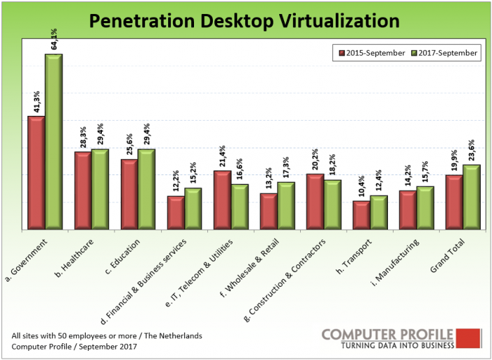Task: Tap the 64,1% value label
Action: point(53,38)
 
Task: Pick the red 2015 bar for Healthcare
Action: point(83,190)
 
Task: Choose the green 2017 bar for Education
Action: point(147,189)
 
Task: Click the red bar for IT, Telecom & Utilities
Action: point(222,200)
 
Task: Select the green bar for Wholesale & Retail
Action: point(286,205)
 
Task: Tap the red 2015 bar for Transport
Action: point(361,215)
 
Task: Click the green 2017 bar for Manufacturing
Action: point(426,207)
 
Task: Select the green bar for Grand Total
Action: point(472,197)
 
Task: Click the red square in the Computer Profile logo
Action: point(472,338)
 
